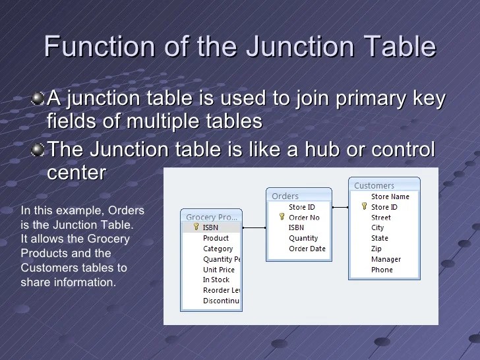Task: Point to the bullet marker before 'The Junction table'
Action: point(39,150)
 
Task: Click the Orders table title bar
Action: point(298,196)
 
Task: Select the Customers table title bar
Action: point(383,185)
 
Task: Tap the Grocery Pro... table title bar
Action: point(211,216)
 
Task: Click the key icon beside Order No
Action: point(282,217)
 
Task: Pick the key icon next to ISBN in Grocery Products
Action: point(196,227)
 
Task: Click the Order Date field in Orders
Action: point(307,249)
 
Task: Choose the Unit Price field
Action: point(218,269)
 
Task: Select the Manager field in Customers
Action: point(386,259)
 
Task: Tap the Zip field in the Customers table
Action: point(376,249)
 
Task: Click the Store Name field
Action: point(390,196)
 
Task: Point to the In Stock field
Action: point(216,280)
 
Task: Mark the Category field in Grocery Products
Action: point(218,249)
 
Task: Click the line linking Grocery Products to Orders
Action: point(254,227)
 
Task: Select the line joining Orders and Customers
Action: point(340,207)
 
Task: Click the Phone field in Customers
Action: point(381,270)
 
